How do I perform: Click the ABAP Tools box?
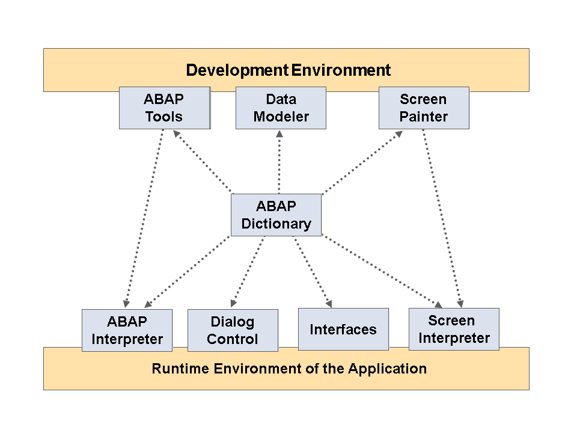(165, 108)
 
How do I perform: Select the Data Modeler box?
(281, 108)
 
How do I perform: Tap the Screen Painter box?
(424, 108)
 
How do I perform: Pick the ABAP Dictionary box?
(276, 215)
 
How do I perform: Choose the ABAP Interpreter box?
(127, 330)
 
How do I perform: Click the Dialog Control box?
(233, 330)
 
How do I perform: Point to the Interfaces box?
(343, 329)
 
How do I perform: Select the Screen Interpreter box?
(454, 329)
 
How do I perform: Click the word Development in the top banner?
(237, 70)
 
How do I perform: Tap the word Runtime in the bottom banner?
(180, 369)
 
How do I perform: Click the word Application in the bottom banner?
(388, 369)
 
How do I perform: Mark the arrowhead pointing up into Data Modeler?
(279, 134)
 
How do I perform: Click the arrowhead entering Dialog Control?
(234, 303)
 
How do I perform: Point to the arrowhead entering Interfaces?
(329, 303)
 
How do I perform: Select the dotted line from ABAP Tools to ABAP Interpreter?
(144, 218)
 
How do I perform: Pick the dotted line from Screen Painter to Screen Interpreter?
(442, 218)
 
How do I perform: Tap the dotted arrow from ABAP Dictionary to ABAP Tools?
(203, 161)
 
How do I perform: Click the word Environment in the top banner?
(341, 70)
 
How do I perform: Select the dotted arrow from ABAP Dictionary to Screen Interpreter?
(382, 271)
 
